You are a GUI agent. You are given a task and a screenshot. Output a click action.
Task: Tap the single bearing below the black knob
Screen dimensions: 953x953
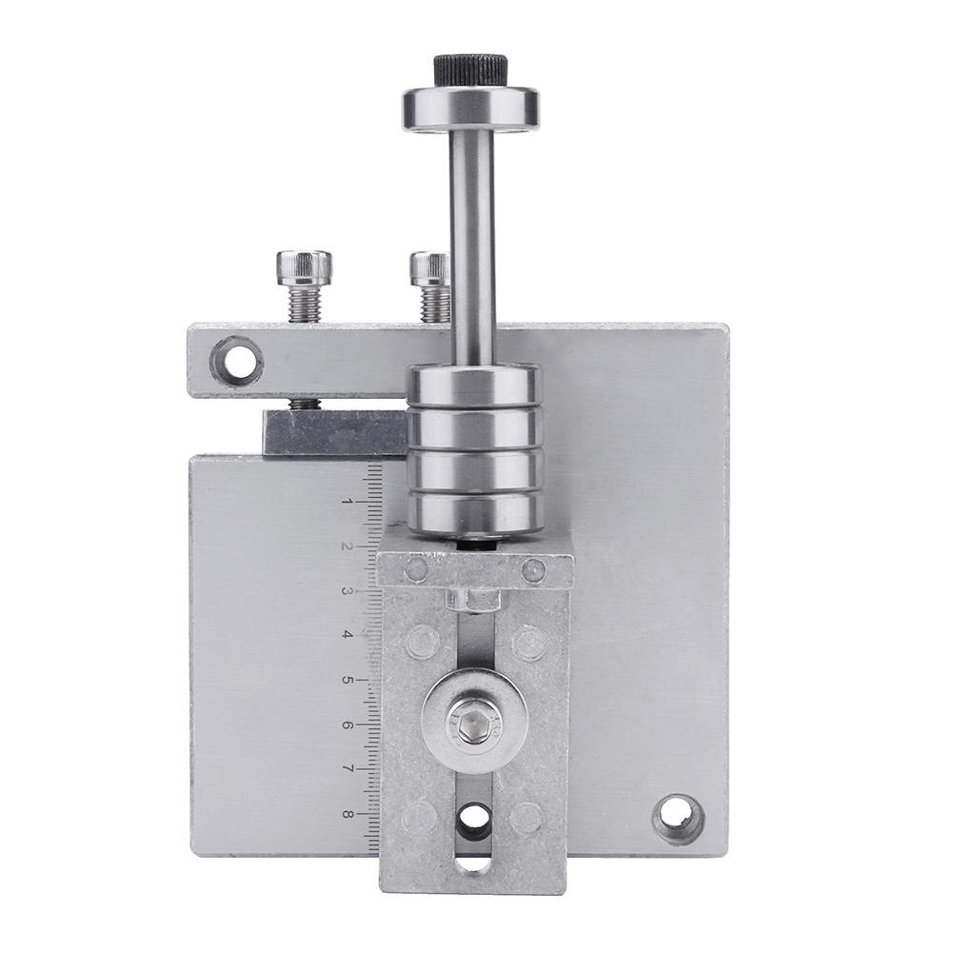(471, 109)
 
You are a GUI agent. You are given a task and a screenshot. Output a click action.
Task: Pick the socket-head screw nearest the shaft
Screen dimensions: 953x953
(431, 286)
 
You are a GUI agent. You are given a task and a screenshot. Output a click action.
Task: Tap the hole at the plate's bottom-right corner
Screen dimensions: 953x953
(678, 818)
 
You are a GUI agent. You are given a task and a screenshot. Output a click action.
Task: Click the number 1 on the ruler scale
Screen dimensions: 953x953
(348, 502)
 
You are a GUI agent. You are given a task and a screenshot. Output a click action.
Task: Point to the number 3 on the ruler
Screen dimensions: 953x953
(347, 591)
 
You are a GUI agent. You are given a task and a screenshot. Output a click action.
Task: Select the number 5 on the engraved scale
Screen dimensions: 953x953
(347, 680)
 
